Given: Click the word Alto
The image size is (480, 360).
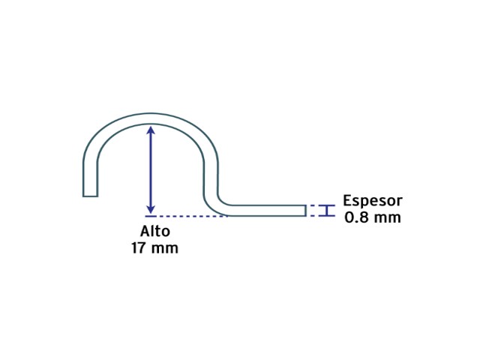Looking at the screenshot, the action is pos(155,231).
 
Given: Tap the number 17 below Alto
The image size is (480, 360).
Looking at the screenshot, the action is pos(139,248).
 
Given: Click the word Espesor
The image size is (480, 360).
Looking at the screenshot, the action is pos(373,201).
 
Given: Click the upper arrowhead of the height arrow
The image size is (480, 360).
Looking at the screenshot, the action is pos(150,130).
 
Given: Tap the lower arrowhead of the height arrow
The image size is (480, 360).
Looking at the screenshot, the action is pos(150,209).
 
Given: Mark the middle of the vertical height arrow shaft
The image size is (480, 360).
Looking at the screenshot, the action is pos(150,169).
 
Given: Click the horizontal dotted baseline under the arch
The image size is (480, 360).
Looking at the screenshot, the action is pos(187,216).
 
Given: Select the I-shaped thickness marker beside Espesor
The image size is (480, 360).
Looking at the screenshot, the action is pos(327,211).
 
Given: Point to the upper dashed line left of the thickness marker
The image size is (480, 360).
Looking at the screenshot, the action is pos(313,205).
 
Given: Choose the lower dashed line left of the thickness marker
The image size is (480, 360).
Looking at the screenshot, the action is pos(313,216).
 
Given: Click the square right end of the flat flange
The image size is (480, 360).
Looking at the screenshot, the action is pos(305,211).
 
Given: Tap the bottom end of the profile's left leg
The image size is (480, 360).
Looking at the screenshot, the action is pos(90,196).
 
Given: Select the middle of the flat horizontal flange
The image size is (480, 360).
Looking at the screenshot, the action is pos(266,211).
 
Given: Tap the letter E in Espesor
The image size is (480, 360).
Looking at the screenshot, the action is pos(347,200).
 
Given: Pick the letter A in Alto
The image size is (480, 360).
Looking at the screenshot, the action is pos(145,232).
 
